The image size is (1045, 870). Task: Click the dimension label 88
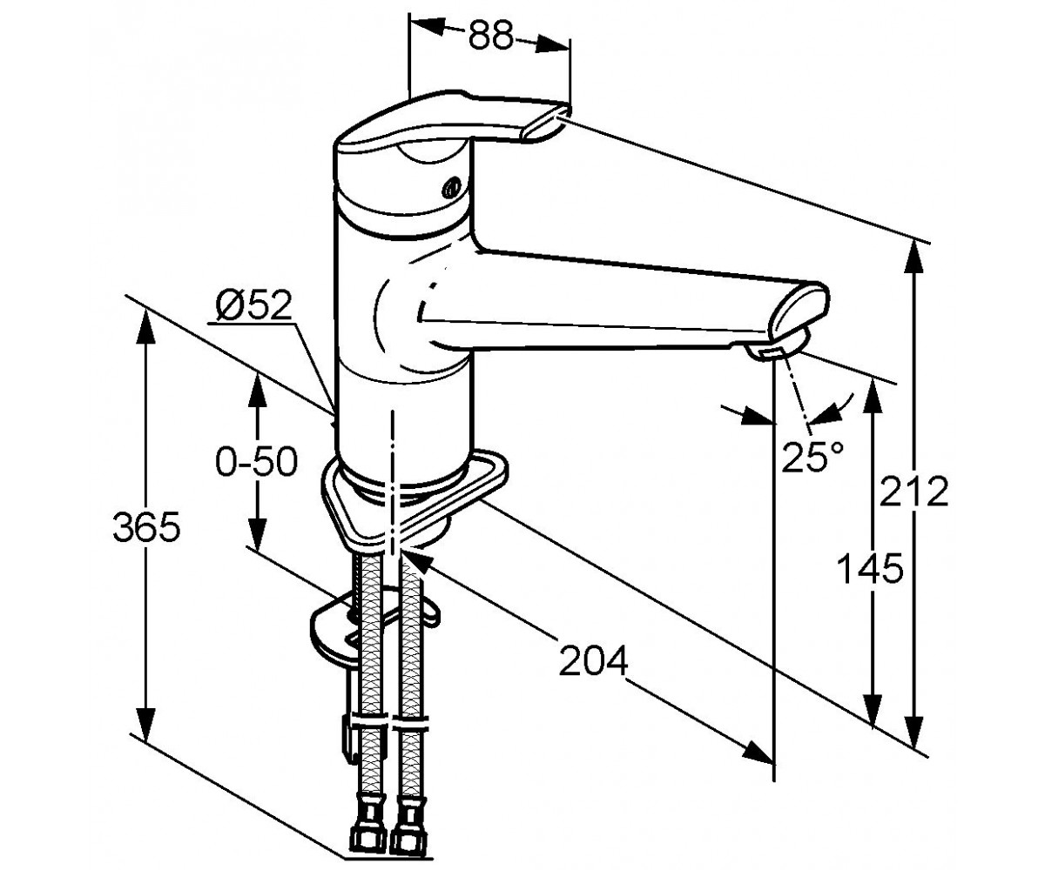pyautogui.click(x=491, y=35)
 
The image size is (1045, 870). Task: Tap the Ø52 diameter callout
pyautogui.click(x=253, y=305)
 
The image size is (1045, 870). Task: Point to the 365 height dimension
pyautogui.click(x=146, y=526)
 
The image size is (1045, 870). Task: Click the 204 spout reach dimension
pyautogui.click(x=594, y=660)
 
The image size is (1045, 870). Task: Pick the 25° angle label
pyautogui.click(x=812, y=457)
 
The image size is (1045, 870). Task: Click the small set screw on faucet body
pyautogui.click(x=450, y=188)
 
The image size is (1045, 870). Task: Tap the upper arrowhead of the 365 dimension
pyautogui.click(x=146, y=326)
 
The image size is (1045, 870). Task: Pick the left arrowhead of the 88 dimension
pyautogui.click(x=428, y=26)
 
